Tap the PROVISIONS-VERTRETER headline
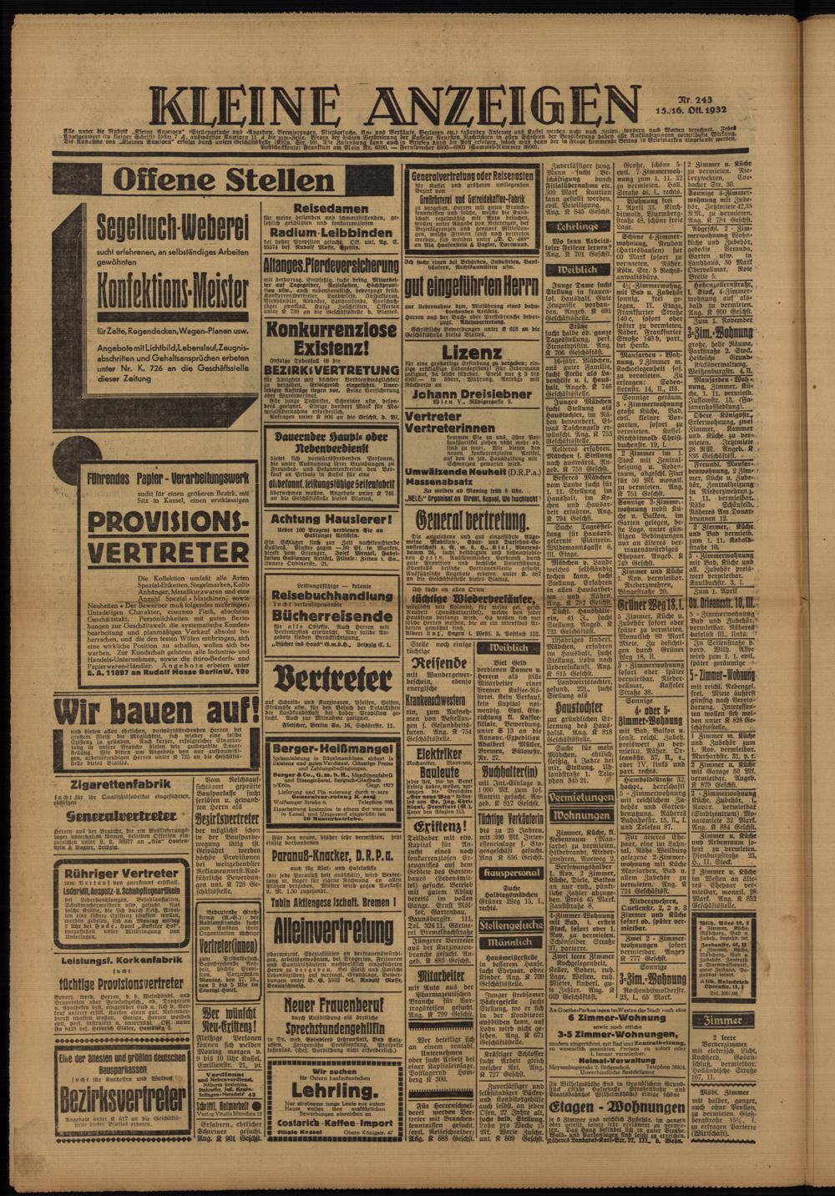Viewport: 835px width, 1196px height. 157,538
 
